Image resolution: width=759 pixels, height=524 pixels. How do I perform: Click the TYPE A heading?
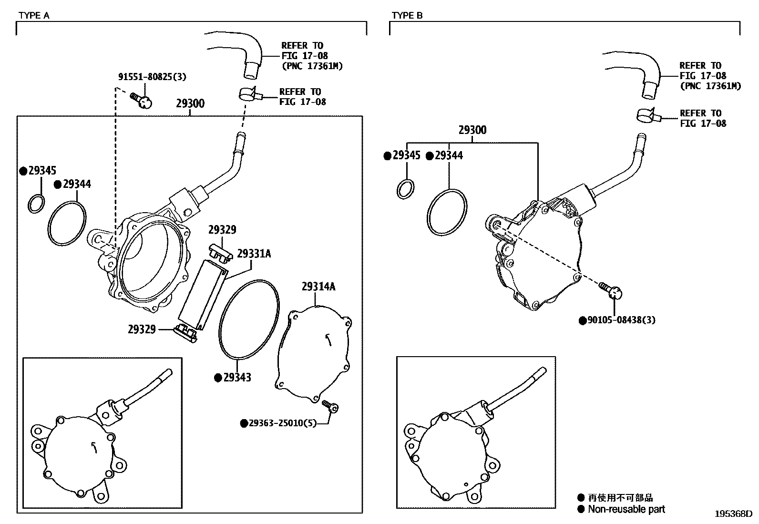click(33, 15)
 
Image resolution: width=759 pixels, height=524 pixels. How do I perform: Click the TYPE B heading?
click(407, 15)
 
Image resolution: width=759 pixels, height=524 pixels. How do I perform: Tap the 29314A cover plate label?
click(318, 286)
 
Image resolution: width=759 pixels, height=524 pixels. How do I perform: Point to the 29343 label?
click(237, 378)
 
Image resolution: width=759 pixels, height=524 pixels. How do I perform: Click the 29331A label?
click(254, 254)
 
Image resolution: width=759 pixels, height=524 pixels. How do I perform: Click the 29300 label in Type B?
click(472, 130)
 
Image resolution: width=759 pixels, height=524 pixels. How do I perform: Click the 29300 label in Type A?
click(190, 103)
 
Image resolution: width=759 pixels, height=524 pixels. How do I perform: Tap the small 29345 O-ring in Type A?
click(36, 204)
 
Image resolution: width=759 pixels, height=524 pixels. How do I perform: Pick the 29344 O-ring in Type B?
click(446, 212)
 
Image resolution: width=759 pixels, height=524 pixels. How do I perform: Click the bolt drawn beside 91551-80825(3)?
click(142, 100)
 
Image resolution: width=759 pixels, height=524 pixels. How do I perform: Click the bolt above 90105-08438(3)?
click(611, 290)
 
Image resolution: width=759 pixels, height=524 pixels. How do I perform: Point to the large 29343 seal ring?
click(248, 319)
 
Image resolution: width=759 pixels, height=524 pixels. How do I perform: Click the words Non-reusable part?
click(626, 509)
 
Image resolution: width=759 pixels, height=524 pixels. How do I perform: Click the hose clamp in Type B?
click(648, 115)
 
